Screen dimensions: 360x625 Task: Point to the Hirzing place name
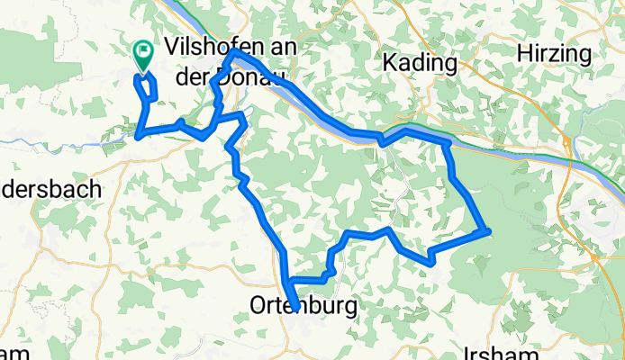pos(555,54)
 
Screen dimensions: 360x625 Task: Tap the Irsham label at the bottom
pos(504,352)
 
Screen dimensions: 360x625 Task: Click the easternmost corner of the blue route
pos(488,230)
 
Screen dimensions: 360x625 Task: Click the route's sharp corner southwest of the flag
pos(138,136)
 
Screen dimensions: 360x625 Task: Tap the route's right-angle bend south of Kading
pos(448,144)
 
